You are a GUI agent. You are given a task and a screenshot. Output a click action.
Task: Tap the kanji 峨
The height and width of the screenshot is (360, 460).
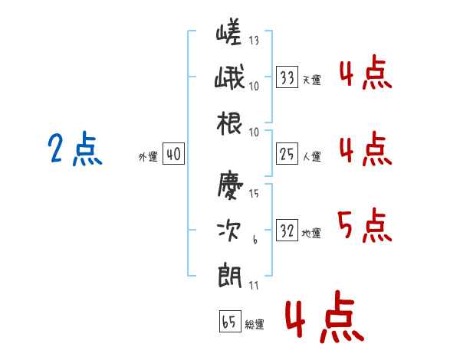pyautogui.click(x=229, y=77)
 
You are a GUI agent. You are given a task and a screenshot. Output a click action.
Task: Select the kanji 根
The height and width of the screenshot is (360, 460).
pyautogui.click(x=229, y=123)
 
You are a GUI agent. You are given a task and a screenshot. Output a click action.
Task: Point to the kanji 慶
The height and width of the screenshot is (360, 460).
pyautogui.click(x=230, y=185)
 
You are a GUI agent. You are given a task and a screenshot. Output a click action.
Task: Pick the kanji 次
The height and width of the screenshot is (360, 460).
pyautogui.click(x=229, y=231)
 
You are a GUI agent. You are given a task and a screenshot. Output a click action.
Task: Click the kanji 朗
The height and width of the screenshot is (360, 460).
pyautogui.click(x=230, y=276)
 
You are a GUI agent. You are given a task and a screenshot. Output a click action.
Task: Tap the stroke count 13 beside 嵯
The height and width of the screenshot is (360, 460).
pyautogui.click(x=254, y=40)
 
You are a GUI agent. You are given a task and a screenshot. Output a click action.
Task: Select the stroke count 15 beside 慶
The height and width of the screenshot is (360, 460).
pyautogui.click(x=254, y=193)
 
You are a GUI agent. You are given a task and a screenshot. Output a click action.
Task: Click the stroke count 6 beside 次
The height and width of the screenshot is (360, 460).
pyautogui.click(x=255, y=240)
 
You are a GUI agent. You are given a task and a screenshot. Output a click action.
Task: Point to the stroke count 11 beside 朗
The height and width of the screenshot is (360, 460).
pyautogui.click(x=254, y=285)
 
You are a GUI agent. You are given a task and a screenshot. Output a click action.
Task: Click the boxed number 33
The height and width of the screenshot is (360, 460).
pyautogui.click(x=287, y=77)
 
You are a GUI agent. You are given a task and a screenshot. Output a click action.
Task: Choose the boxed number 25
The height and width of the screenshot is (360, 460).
pyautogui.click(x=287, y=154)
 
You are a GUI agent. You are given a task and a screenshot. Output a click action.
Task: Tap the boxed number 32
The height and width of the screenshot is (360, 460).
pyautogui.click(x=287, y=230)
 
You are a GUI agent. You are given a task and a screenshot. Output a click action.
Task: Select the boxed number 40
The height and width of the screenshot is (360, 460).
pyautogui.click(x=173, y=154)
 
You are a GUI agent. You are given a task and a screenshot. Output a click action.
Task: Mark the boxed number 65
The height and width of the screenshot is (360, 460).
pyautogui.click(x=230, y=321)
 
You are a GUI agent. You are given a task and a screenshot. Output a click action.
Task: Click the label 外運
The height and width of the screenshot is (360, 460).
pyautogui.click(x=148, y=157)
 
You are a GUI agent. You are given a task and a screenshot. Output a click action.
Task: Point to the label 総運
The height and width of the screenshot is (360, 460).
pyautogui.click(x=255, y=324)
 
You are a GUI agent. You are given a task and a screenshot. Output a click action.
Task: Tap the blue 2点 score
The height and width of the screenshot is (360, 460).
pyautogui.click(x=75, y=149)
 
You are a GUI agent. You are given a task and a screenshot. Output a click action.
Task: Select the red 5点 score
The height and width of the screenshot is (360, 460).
pyautogui.click(x=365, y=225)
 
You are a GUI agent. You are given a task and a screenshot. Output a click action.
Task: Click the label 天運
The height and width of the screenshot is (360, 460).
pyautogui.click(x=312, y=80)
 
